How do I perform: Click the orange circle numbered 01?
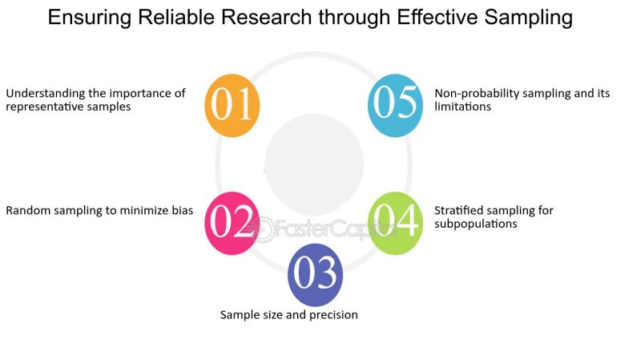point(233,105)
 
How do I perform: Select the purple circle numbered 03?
point(315,274)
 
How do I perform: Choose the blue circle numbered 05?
point(395,105)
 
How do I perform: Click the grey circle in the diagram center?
point(314,164)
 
